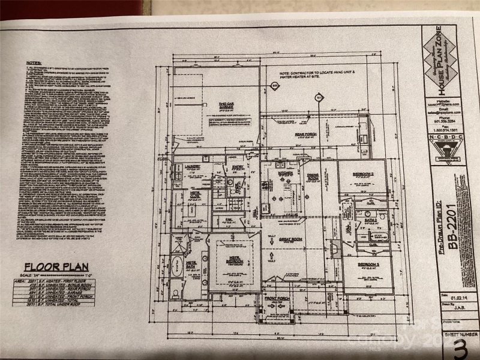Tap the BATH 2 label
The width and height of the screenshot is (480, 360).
pyautogui.click(x=370, y=221)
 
